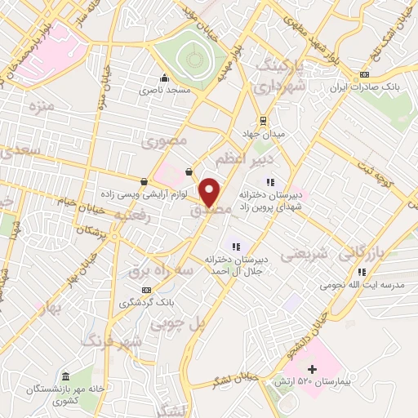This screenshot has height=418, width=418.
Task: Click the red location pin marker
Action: pos(211,192)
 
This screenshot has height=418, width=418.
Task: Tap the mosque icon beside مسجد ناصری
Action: pos(165,79)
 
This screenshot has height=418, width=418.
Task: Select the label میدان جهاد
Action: pos(260,132)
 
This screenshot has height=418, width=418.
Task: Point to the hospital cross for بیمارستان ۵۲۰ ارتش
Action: pos(312,370)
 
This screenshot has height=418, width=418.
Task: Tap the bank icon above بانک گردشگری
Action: pos(146,290)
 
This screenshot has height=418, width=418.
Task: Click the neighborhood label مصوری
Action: pos(165,141)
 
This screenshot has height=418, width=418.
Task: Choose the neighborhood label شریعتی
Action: pos(304,256)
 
